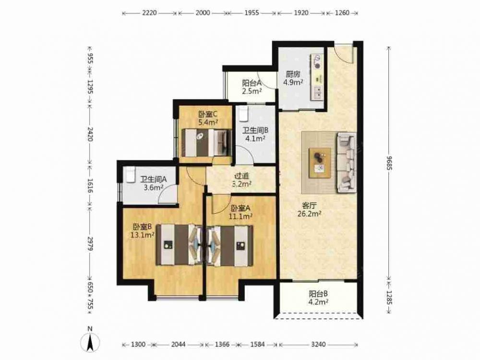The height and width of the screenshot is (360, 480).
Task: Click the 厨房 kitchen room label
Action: click(x=293, y=74)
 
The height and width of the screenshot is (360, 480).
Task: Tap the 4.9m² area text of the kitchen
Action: click(x=293, y=82)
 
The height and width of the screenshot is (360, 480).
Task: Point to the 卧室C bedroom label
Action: click(x=208, y=115)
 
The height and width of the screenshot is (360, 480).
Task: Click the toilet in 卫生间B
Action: click(x=243, y=114)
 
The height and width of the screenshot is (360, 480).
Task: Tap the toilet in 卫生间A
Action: click(x=129, y=175)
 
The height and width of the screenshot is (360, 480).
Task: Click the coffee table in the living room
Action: click(x=320, y=163)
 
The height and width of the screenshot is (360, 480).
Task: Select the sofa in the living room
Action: click(x=346, y=163)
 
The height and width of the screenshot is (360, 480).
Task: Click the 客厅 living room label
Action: click(x=309, y=205)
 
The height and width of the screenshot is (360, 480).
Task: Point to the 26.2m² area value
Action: click(x=309, y=214)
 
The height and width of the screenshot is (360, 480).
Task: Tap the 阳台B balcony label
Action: click(x=318, y=294)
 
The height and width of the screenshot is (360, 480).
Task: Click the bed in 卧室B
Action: click(x=179, y=245)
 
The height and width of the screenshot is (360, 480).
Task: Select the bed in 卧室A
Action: click(x=230, y=246)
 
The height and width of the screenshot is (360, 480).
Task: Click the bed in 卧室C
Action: click(x=206, y=143)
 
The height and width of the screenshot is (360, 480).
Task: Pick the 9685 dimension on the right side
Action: click(x=389, y=163)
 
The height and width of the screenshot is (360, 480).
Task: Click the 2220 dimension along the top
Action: click(x=149, y=13)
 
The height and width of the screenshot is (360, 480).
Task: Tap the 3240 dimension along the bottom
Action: click(x=318, y=344)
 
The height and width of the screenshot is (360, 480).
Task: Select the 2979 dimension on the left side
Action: click(x=90, y=244)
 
